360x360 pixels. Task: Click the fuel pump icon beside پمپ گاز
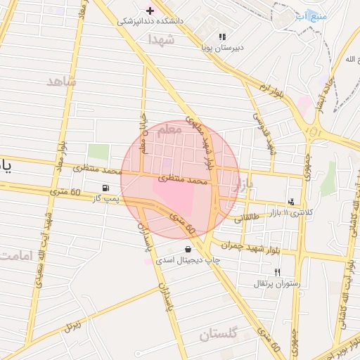coord(105,188)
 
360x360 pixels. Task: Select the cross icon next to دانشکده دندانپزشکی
coord(149,11)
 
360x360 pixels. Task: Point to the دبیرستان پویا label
coord(222,48)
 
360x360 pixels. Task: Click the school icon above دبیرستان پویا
coord(222,37)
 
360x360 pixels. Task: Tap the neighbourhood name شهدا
coord(161,39)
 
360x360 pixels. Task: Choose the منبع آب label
coord(309,15)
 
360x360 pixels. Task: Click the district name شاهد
coord(60,82)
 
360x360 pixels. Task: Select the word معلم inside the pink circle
coord(171,130)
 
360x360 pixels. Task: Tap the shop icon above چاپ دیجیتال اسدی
coord(188,249)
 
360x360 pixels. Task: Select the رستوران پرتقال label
coord(278,283)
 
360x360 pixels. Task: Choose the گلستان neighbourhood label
coord(219,335)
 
